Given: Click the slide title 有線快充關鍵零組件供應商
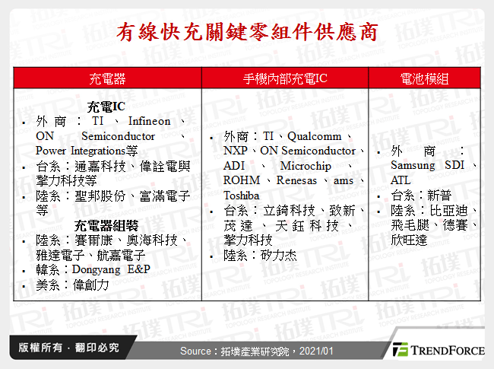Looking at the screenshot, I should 246,33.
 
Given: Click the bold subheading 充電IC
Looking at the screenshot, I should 106,107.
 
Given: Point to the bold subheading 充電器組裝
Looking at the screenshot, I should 106,225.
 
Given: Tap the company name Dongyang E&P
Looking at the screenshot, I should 112,269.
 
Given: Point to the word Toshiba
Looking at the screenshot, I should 242,196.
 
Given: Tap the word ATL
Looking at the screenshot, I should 400,180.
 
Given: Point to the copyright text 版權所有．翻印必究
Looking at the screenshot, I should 64,348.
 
